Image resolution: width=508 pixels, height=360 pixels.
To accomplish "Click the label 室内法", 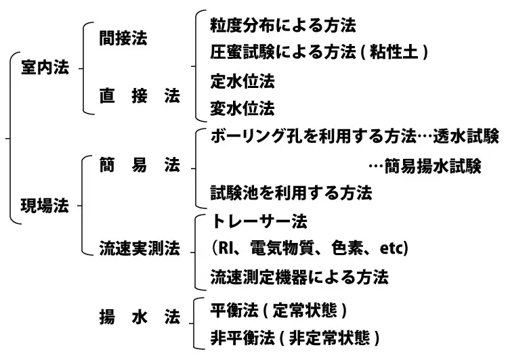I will [x=45, y=68].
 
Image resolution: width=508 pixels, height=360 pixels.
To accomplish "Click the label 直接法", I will [x=140, y=96].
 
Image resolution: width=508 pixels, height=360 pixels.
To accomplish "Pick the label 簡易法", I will [x=140, y=166].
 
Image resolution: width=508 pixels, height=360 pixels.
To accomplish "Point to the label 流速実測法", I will [x=139, y=249].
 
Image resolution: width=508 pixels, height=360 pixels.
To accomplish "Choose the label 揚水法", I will [x=140, y=316].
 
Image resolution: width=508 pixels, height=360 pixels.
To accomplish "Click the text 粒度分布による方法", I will [x=283, y=26].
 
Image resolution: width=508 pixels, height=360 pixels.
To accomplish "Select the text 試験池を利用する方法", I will [x=291, y=194].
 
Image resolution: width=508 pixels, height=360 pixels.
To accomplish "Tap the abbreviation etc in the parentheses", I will [x=394, y=249].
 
